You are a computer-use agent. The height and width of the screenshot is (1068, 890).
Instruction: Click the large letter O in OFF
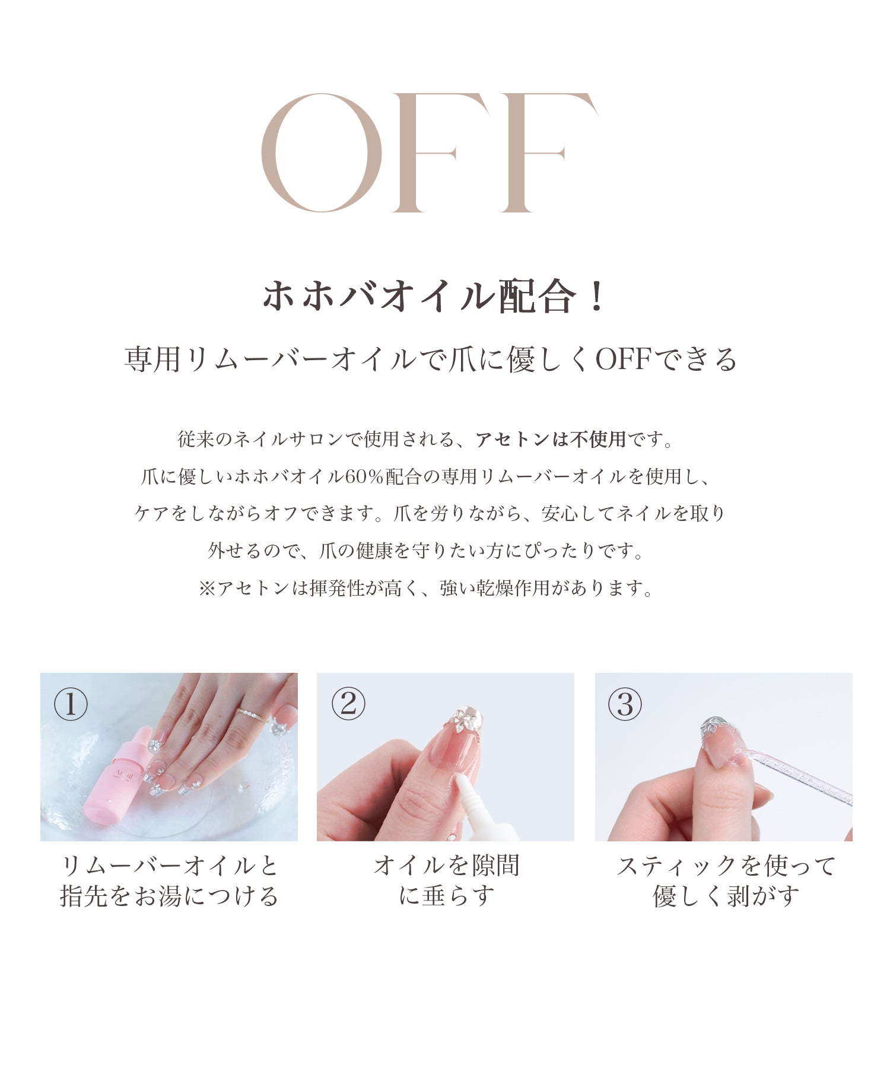[x=322, y=152]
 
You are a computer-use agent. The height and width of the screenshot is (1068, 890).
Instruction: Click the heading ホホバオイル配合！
[x=434, y=296]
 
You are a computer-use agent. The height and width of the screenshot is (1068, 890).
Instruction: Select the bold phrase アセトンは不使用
[x=551, y=439]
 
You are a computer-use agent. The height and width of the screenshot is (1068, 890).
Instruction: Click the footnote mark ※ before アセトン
[x=207, y=589]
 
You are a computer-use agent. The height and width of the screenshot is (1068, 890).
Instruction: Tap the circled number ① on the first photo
[x=71, y=704]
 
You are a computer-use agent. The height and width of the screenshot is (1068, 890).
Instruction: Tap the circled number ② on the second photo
[x=348, y=704]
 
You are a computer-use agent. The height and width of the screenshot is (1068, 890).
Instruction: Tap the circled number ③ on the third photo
[x=625, y=704]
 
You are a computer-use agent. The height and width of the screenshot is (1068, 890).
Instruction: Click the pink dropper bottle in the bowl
[x=119, y=774]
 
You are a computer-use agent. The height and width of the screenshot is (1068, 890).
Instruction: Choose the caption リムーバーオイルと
[x=170, y=866]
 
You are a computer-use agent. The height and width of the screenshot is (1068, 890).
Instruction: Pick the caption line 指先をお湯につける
[x=170, y=896]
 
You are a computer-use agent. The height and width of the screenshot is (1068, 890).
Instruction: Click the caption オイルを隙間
[x=446, y=866]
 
